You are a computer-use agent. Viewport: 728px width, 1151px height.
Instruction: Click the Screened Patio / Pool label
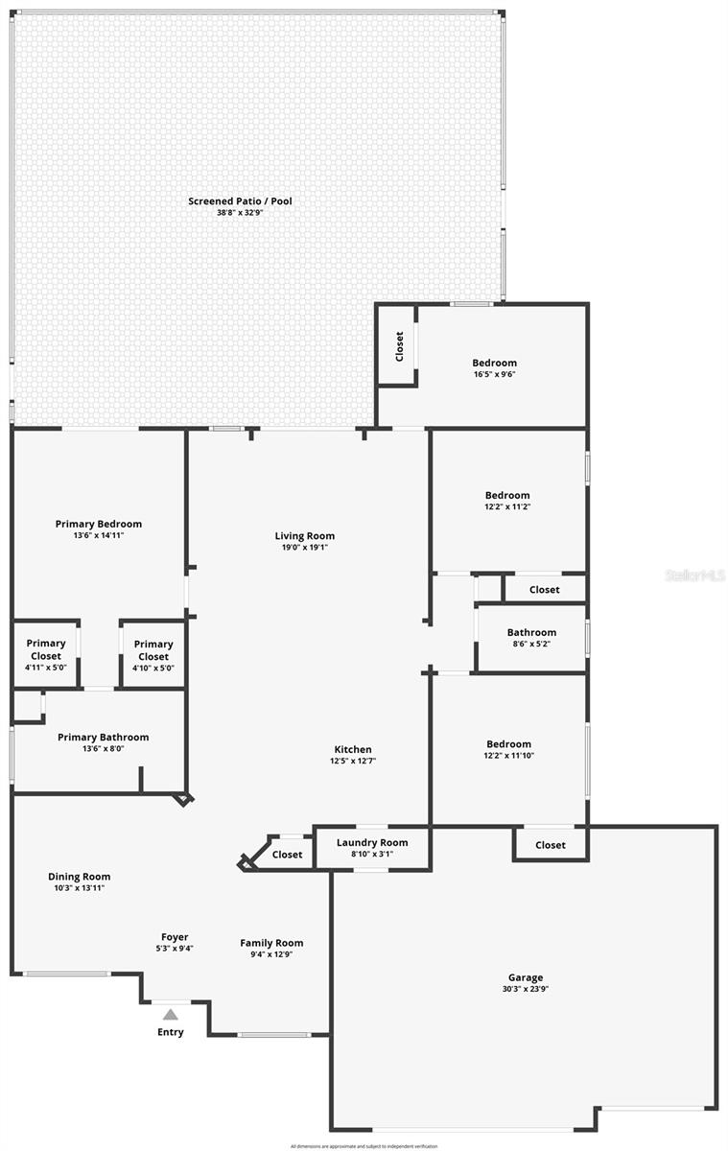[x=240, y=201]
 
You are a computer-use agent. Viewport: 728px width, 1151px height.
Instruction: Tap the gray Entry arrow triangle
[x=170, y=1014]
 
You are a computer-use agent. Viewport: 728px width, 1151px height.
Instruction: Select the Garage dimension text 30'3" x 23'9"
[x=525, y=989]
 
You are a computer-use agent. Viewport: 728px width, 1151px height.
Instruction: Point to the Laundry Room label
[x=372, y=843]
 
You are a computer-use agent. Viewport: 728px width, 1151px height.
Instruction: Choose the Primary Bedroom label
[x=99, y=524]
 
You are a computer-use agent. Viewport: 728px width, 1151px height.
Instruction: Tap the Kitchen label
[x=353, y=749]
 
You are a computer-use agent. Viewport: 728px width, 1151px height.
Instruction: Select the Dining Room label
[x=80, y=877]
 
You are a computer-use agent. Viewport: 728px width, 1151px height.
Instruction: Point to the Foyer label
[x=175, y=937]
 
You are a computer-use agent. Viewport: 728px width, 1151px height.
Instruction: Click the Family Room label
[x=271, y=943]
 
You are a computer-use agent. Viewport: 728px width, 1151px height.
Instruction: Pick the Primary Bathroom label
[x=104, y=738]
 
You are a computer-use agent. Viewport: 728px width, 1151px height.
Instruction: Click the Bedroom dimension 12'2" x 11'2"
[x=507, y=506]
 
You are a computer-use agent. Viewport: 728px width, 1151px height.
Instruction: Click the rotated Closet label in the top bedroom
[x=400, y=346]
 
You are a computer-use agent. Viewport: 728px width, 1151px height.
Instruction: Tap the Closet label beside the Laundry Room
[x=287, y=855]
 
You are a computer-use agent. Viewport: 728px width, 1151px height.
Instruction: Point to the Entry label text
[x=171, y=1032]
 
